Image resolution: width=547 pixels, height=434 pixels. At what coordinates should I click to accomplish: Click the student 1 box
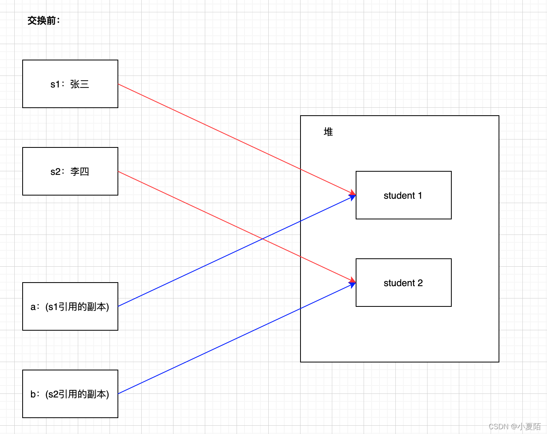point(403,207)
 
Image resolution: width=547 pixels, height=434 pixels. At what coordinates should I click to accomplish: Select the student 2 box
point(403,294)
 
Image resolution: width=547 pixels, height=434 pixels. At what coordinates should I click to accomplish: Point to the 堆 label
point(328,132)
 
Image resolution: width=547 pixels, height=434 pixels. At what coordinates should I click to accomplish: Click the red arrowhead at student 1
point(352,194)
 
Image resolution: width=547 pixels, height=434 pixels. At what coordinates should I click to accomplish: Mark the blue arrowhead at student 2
point(352,284)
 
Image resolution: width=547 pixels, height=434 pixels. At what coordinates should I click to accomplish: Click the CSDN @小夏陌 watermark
point(514,426)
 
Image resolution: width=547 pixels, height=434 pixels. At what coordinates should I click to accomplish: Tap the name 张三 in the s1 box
point(80,84)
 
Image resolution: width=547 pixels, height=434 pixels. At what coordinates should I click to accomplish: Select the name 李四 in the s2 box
point(80,172)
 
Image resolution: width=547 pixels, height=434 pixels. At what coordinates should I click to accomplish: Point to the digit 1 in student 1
point(420,196)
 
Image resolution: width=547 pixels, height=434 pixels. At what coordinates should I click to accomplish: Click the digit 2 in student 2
point(420,283)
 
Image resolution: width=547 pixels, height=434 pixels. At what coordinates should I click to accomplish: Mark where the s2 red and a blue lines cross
point(262,239)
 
